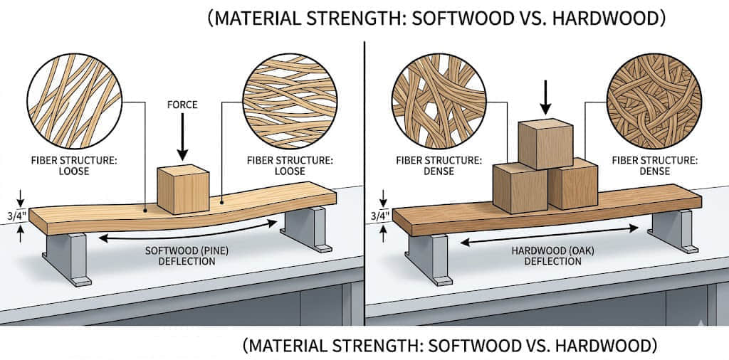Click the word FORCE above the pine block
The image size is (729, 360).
click(182, 105)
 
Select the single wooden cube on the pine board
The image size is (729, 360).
click(182, 189)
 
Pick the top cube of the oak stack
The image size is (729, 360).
click(545, 144)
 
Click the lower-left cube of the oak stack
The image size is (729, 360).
click(520, 188)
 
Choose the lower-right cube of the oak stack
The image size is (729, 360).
click(572, 184)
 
